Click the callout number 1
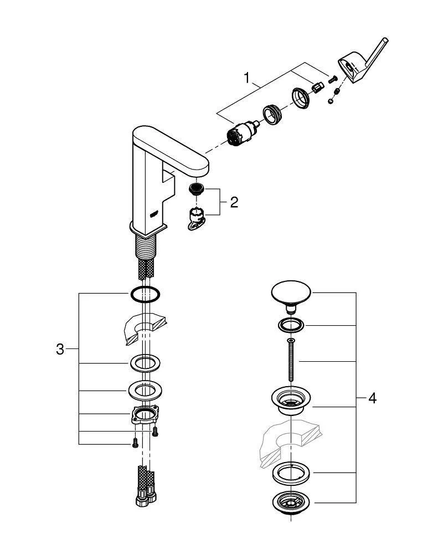pyautogui.click(x=247, y=78)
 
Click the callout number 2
pyautogui.click(x=234, y=202)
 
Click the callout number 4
pyautogui.click(x=372, y=398)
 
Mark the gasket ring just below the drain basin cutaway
pyautogui.click(x=291, y=472)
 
